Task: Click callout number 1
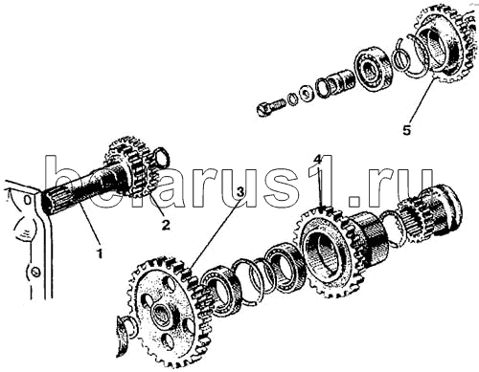click(100, 252)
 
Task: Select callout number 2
click(165, 225)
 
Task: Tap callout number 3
click(240, 191)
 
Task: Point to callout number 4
click(317, 159)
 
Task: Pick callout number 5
click(406, 130)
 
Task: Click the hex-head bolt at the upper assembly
click(270, 107)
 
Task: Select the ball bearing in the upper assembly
click(371, 70)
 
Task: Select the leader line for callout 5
click(421, 100)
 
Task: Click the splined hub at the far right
click(430, 209)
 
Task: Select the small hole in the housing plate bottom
click(34, 272)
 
